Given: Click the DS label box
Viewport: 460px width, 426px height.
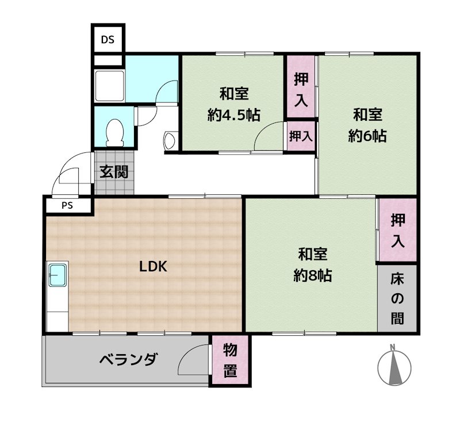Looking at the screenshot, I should (108, 40).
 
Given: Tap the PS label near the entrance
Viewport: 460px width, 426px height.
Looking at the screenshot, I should (67, 205).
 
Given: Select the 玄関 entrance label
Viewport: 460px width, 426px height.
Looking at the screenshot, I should (114, 172).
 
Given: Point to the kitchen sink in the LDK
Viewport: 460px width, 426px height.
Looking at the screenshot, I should (57, 276).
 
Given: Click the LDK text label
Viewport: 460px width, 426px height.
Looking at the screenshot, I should (153, 266).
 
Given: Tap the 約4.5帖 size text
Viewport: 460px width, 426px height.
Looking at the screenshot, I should (233, 115).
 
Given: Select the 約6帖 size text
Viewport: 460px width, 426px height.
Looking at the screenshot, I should (367, 136).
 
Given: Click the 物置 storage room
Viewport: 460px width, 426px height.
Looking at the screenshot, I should (230, 360).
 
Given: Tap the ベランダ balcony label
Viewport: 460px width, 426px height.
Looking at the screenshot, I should (128, 360).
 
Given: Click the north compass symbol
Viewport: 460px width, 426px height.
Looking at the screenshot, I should (394, 366).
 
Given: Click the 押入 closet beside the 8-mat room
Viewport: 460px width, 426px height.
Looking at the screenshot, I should (397, 231).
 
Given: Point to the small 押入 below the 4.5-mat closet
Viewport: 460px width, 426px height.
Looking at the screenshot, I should (301, 136).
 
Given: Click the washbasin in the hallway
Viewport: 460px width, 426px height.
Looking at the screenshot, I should (171, 140).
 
